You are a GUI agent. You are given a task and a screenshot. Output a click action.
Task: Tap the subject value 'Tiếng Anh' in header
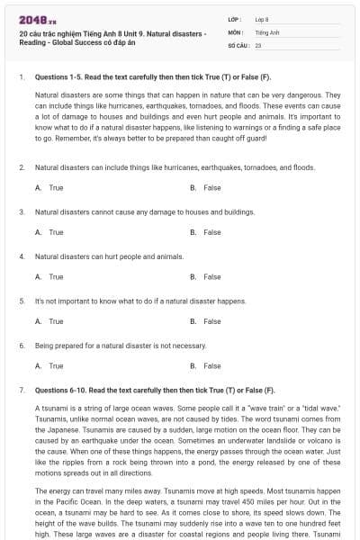[x=265, y=31]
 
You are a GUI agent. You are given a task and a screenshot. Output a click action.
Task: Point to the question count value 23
[x=258, y=44]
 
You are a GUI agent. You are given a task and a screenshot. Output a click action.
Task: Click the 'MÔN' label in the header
[x=236, y=31]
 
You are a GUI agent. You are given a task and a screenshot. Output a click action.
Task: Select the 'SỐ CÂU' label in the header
[x=238, y=44]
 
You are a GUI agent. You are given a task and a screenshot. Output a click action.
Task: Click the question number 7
[x=21, y=391]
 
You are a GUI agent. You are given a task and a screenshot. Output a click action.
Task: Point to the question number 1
[x=21, y=78]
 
